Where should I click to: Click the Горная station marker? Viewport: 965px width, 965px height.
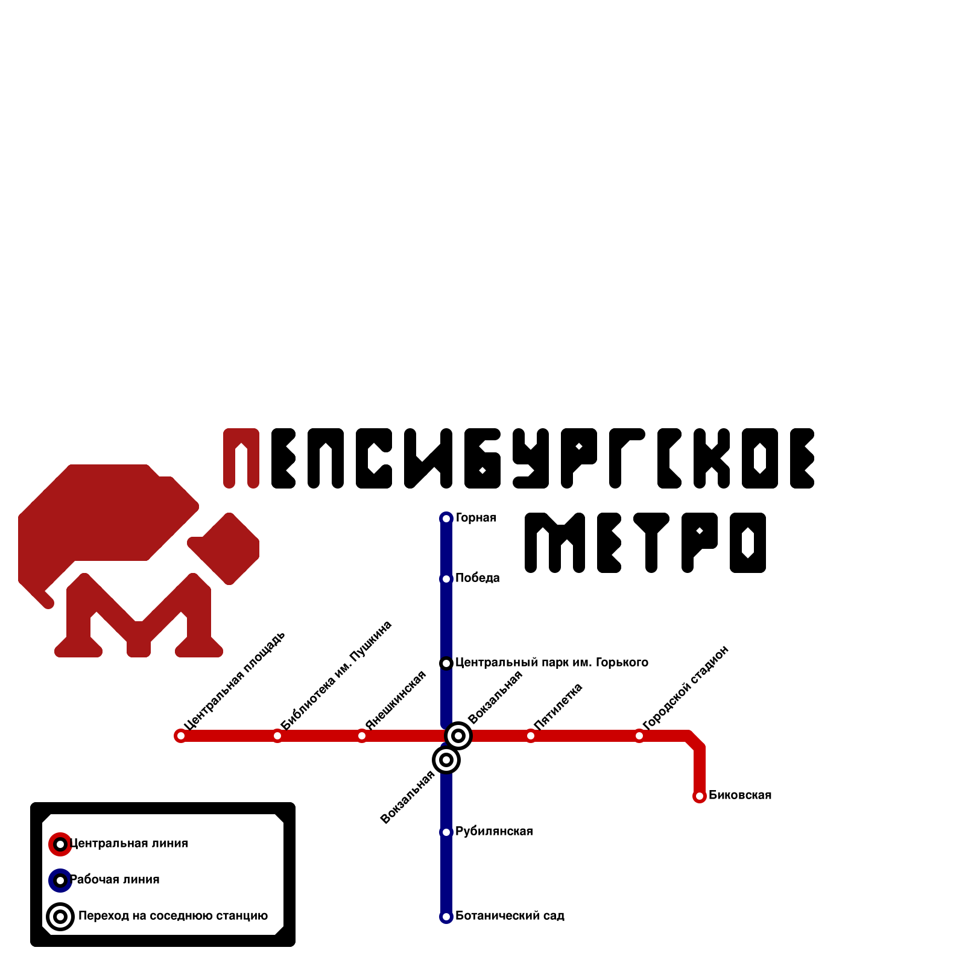click(446, 519)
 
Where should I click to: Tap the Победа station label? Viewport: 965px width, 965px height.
click(477, 578)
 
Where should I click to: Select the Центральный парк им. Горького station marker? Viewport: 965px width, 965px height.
click(446, 663)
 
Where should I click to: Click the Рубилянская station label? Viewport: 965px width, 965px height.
click(494, 831)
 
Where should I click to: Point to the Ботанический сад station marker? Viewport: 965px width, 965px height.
click(446, 917)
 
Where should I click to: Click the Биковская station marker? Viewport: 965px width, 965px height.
click(700, 796)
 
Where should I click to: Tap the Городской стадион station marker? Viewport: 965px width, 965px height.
click(639, 736)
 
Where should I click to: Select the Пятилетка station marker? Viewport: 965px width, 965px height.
click(531, 736)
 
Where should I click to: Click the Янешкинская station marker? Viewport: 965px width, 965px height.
click(362, 736)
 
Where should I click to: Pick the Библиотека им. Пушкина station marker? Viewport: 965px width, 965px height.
click(277, 736)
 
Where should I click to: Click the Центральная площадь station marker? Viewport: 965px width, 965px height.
click(180, 736)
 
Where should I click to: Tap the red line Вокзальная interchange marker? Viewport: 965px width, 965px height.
click(458, 736)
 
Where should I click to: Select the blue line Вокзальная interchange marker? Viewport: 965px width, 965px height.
click(446, 760)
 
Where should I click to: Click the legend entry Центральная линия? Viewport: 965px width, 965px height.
click(128, 843)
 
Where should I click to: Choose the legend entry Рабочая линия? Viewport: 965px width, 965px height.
click(115, 879)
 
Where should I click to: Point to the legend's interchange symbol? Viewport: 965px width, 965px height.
click(60, 917)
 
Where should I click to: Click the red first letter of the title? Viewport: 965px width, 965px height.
click(241, 458)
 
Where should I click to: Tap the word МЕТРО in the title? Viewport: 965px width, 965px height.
click(645, 543)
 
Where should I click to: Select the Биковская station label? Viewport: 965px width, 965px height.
click(740, 795)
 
